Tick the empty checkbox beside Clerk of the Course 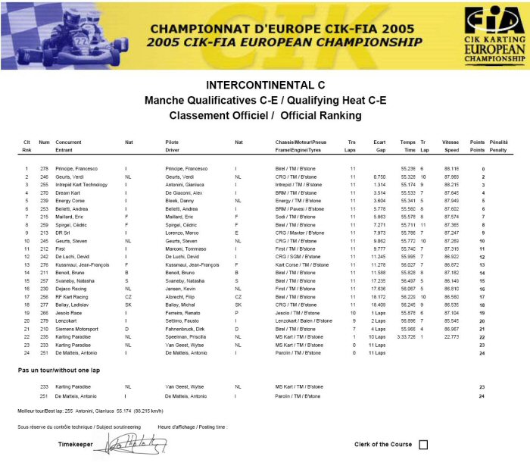423,445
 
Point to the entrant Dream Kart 67,192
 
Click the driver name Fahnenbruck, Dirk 187,328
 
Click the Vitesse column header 451,142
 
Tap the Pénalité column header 499,142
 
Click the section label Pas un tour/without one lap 59,370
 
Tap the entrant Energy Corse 70,200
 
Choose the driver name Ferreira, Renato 183,312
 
